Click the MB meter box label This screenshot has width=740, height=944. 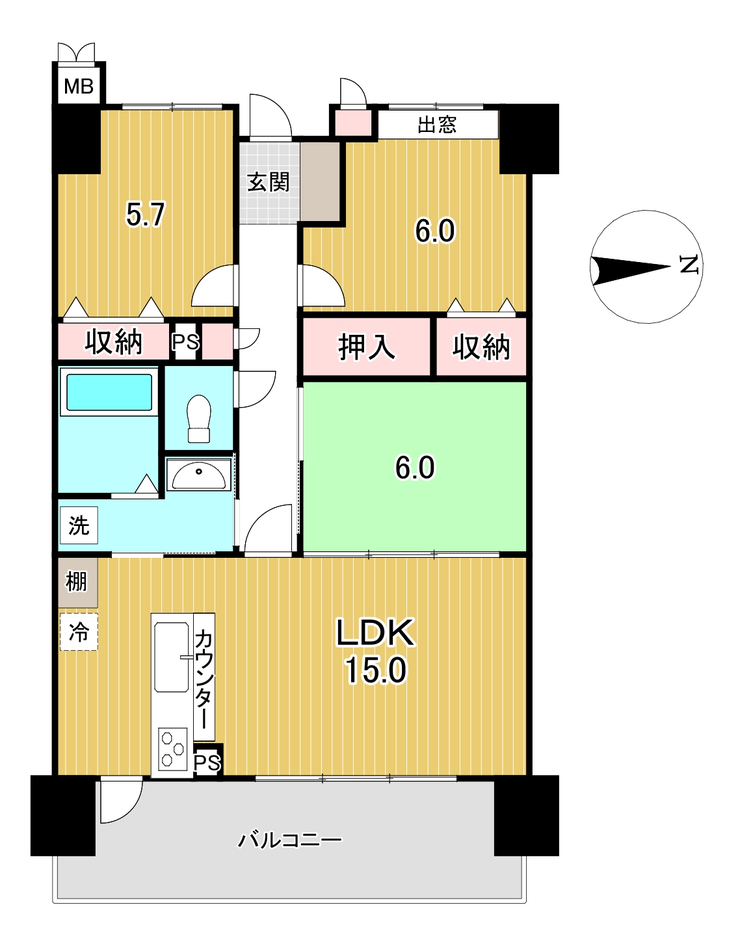(79, 86)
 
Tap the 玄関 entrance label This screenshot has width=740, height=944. (269, 181)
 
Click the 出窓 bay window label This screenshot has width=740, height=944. (437, 125)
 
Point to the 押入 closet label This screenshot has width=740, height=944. (367, 347)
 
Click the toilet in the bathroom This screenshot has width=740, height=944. (199, 418)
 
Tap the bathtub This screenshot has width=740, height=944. (109, 393)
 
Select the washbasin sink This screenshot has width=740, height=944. (199, 477)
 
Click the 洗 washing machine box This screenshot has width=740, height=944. (79, 526)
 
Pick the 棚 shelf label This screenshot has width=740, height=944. (77, 582)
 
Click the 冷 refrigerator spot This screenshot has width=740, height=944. (78, 632)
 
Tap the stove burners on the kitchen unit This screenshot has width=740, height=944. (173, 748)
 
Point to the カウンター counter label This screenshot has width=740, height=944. (204, 678)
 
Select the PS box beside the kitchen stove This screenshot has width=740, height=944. (207, 763)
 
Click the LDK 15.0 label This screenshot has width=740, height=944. (376, 651)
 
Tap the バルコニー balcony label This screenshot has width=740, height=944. (291, 839)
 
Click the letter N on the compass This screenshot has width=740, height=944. (689, 265)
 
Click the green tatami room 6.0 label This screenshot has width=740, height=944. (415, 468)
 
